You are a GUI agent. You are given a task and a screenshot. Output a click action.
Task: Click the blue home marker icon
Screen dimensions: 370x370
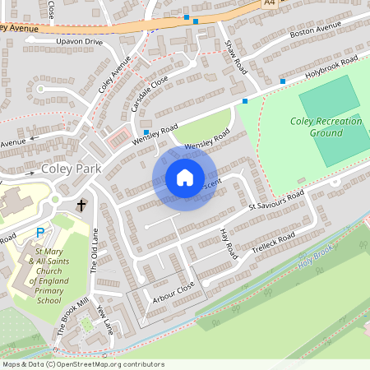pos(184,178)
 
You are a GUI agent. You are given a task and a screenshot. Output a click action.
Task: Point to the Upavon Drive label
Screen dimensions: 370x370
pos(80,41)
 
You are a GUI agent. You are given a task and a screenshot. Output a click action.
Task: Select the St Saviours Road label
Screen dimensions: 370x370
pos(276,201)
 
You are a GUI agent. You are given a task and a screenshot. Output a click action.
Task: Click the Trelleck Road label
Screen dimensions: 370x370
pos(273,243)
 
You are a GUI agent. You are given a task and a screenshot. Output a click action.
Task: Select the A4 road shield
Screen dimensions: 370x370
pos(269,3)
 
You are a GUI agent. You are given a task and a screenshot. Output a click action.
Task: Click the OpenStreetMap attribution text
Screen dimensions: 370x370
pos(83,364)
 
